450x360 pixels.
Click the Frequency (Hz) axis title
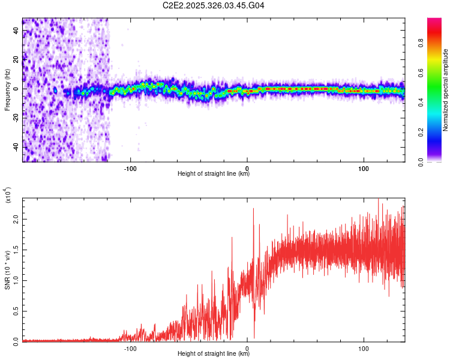click(7, 89)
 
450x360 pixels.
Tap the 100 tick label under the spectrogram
click(363, 168)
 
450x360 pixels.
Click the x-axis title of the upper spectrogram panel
click(214, 174)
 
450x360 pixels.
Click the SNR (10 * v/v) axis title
click(7, 270)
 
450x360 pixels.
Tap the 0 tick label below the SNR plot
click(247, 348)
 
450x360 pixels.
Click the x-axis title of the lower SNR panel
click(214, 354)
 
